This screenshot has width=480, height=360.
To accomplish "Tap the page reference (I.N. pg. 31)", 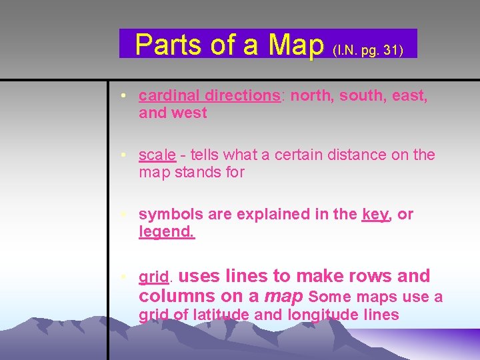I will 367,50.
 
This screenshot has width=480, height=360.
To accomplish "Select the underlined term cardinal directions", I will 209,95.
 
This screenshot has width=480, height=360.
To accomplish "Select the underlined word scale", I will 157,155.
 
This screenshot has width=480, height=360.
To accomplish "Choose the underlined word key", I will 375,215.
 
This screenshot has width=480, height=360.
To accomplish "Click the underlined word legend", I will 166,232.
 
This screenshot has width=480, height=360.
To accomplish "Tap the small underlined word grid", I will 154,277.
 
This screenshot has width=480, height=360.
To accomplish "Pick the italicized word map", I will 284,296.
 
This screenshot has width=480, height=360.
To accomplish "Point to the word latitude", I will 221,315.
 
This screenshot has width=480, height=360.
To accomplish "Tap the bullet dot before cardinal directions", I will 125,96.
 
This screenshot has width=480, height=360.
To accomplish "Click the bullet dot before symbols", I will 125,215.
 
